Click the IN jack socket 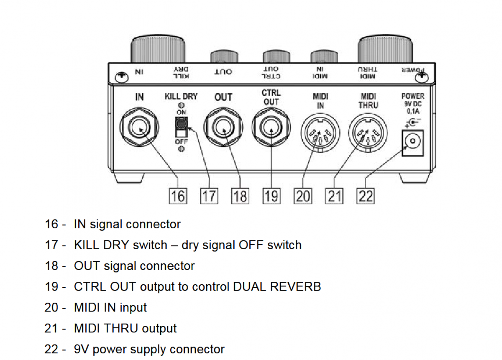point(139,128)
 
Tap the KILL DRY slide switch point(181,128)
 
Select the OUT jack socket point(223,128)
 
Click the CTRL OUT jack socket point(271,128)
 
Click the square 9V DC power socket point(413,143)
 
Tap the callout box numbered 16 point(178,196)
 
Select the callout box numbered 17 point(209,196)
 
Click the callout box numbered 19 point(271,196)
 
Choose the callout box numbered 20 point(303,196)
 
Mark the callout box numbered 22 point(365,196)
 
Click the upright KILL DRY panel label point(181,97)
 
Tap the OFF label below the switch point(181,142)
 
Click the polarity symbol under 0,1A point(412,122)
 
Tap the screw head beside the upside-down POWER point(423,76)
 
